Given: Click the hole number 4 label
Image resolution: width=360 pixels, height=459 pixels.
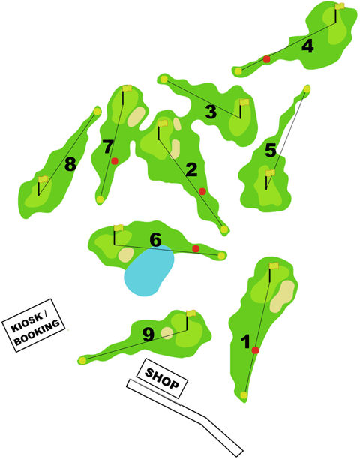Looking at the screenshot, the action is pyautogui.click(x=307, y=46).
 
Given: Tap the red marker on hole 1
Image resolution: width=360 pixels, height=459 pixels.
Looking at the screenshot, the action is pyautogui.click(x=255, y=349).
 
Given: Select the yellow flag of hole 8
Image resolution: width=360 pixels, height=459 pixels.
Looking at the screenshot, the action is pyautogui.click(x=43, y=179).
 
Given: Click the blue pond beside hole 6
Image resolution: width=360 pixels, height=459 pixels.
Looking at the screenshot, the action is pyautogui.click(x=149, y=271).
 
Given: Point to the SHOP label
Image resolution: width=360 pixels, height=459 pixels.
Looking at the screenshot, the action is pyautogui.click(x=162, y=378).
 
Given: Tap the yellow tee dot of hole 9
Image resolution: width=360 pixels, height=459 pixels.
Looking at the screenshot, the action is pyautogui.click(x=82, y=360).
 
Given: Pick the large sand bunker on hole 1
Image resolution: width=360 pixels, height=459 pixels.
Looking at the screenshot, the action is pyautogui.click(x=282, y=295).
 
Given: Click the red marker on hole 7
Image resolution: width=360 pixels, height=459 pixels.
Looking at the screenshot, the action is pyautogui.click(x=115, y=161).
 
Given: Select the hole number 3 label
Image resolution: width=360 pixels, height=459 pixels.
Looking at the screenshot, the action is pyautogui.click(x=211, y=112).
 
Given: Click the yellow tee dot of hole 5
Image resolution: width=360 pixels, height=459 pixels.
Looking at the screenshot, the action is pyautogui.click(x=307, y=88).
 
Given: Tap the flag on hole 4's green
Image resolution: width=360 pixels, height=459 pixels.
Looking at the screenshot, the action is pyautogui.click(x=340, y=6).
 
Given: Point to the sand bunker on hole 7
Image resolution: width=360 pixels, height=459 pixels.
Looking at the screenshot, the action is pyautogui.click(x=136, y=117).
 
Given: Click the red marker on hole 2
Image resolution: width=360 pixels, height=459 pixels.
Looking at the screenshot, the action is pyautogui.click(x=202, y=191).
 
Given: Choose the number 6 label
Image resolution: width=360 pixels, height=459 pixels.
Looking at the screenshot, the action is pyautogui.click(x=155, y=239).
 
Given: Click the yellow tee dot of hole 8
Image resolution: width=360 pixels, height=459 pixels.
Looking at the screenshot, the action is pyautogui.click(x=97, y=112).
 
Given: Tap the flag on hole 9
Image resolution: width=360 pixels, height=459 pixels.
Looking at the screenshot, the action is pyautogui.click(x=191, y=313).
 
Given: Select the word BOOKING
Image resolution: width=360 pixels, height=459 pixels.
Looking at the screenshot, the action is pyautogui.click(x=37, y=332).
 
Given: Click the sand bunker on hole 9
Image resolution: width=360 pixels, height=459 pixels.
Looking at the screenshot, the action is pyautogui.click(x=167, y=333).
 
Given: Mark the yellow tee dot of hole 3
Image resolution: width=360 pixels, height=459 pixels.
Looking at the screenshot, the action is pyautogui.click(x=164, y=79).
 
